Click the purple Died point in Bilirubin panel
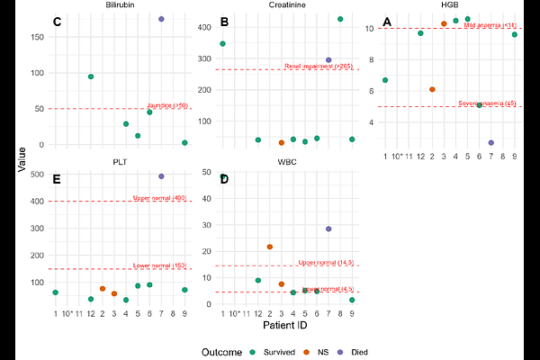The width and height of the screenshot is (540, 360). click(x=161, y=19)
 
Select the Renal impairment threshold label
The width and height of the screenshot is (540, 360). click(x=319, y=66)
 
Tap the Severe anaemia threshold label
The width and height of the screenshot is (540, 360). click(x=487, y=103)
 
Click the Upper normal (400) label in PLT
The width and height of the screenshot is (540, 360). click(x=159, y=198)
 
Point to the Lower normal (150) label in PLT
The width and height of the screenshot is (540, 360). click(x=159, y=265)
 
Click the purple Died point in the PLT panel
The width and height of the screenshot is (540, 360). click(x=161, y=176)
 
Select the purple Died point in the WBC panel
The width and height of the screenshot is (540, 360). click(x=328, y=229)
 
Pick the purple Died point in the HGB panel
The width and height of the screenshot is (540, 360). click(x=491, y=142)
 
